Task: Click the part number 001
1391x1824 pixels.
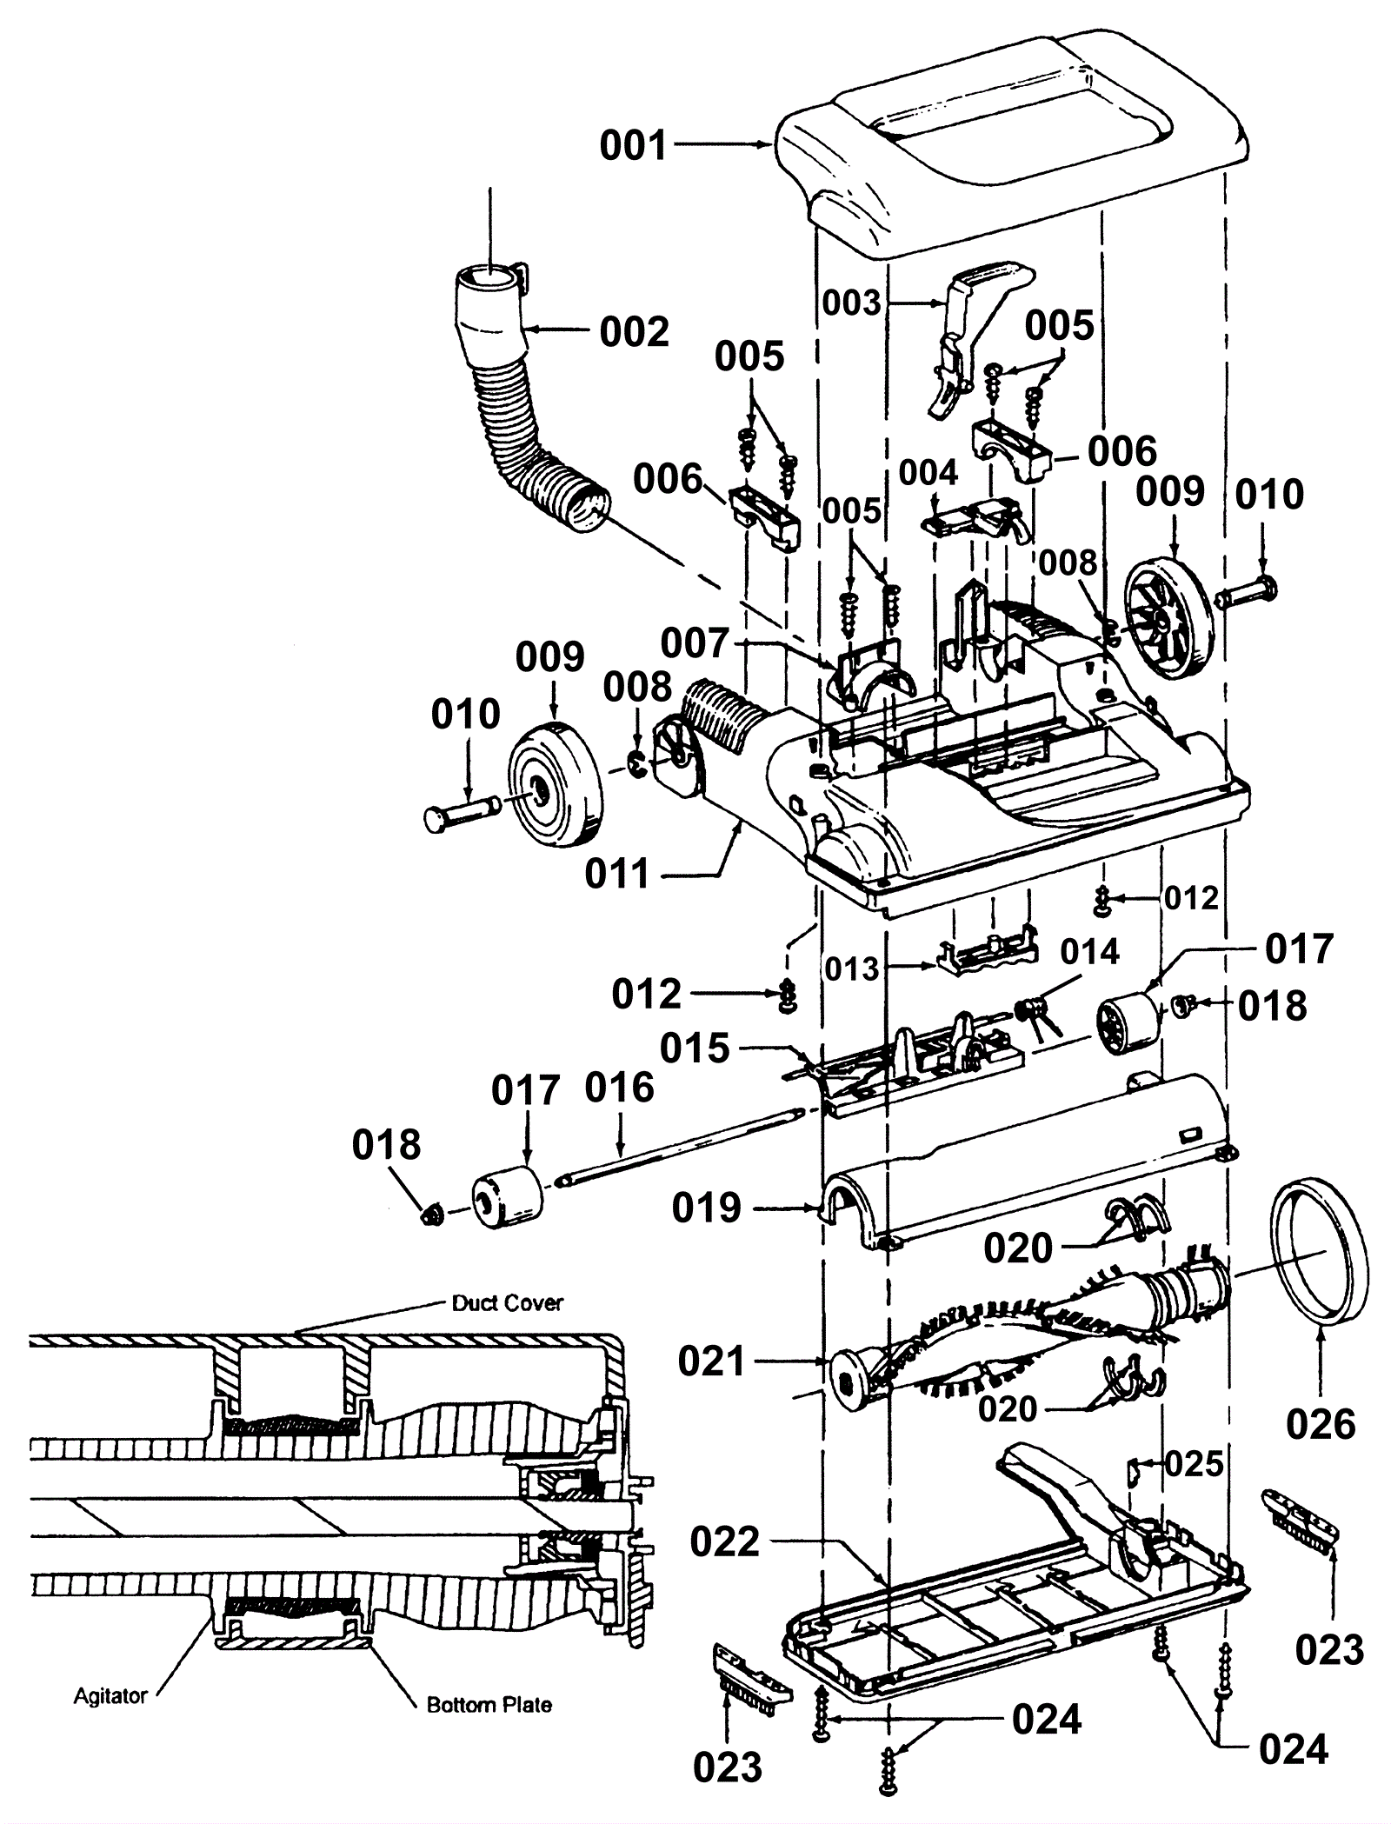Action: click(x=633, y=145)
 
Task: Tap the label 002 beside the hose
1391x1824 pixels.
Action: click(x=635, y=332)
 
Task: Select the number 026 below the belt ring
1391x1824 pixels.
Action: click(x=1321, y=1424)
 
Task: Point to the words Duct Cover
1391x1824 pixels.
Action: click(x=508, y=1302)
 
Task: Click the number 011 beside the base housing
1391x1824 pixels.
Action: click(x=617, y=874)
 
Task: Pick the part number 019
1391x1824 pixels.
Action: click(x=706, y=1208)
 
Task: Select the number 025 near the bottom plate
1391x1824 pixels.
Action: click(x=1194, y=1464)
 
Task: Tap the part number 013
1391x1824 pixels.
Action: click(x=1090, y=952)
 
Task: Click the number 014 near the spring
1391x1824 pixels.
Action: click(x=695, y=1048)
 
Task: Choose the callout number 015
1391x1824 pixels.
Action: click(x=852, y=303)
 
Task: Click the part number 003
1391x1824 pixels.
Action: click(x=928, y=473)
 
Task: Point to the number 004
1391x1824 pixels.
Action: click(x=694, y=644)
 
